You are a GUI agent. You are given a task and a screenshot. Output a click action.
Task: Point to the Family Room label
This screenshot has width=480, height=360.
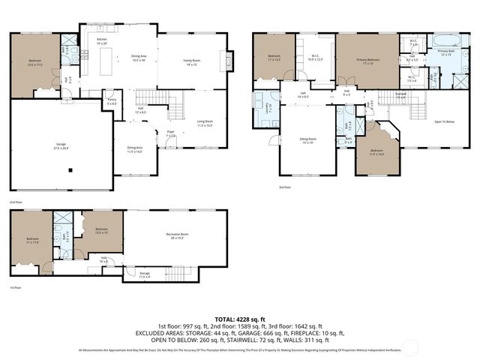(x=192, y=62)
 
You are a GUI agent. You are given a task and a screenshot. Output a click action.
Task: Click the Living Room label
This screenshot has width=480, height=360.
(x=206, y=122)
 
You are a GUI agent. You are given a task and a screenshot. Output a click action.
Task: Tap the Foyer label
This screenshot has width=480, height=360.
(x=171, y=133)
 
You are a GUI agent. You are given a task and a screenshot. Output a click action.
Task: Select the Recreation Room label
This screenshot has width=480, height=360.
(x=176, y=236)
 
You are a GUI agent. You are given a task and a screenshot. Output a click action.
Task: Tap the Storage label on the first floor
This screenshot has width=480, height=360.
(x=144, y=274)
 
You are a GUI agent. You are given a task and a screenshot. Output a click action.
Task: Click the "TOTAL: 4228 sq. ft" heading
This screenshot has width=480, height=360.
(x=240, y=319)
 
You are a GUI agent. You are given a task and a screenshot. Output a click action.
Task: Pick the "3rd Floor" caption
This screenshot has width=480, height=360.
(x=283, y=187)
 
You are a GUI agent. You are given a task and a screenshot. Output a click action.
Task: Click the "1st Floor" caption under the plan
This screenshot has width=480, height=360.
(x=15, y=288)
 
